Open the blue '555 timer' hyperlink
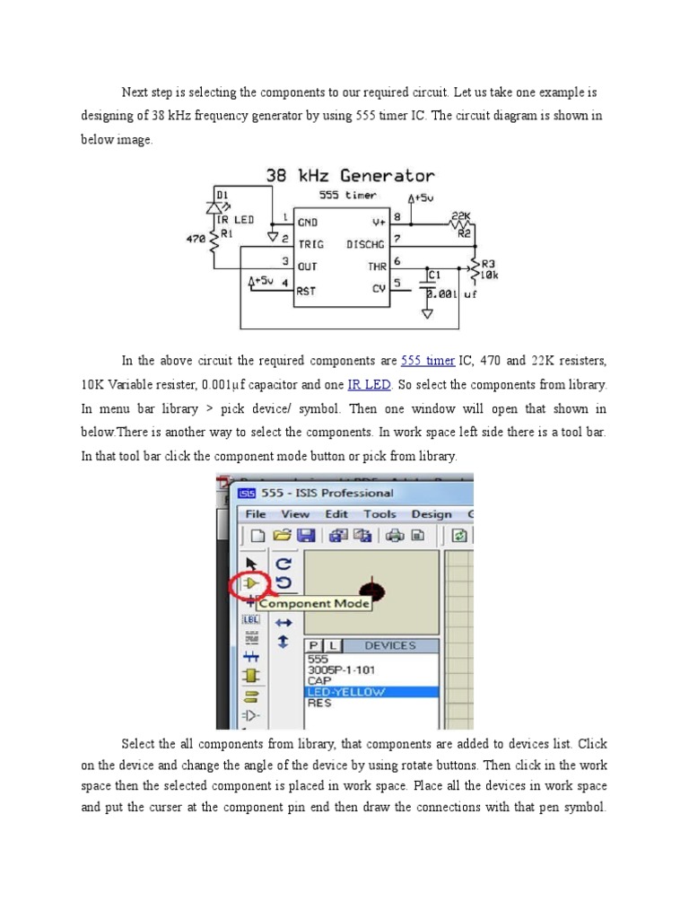(427, 361)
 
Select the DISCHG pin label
(365, 243)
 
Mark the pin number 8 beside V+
(397, 216)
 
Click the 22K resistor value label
(462, 217)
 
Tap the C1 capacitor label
(434, 275)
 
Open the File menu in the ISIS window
(256, 514)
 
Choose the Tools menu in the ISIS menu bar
(379, 514)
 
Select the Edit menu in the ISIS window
(336, 514)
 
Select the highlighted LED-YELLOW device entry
(346, 692)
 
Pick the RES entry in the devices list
(319, 703)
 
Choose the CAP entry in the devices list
(319, 680)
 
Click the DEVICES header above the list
(390, 645)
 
